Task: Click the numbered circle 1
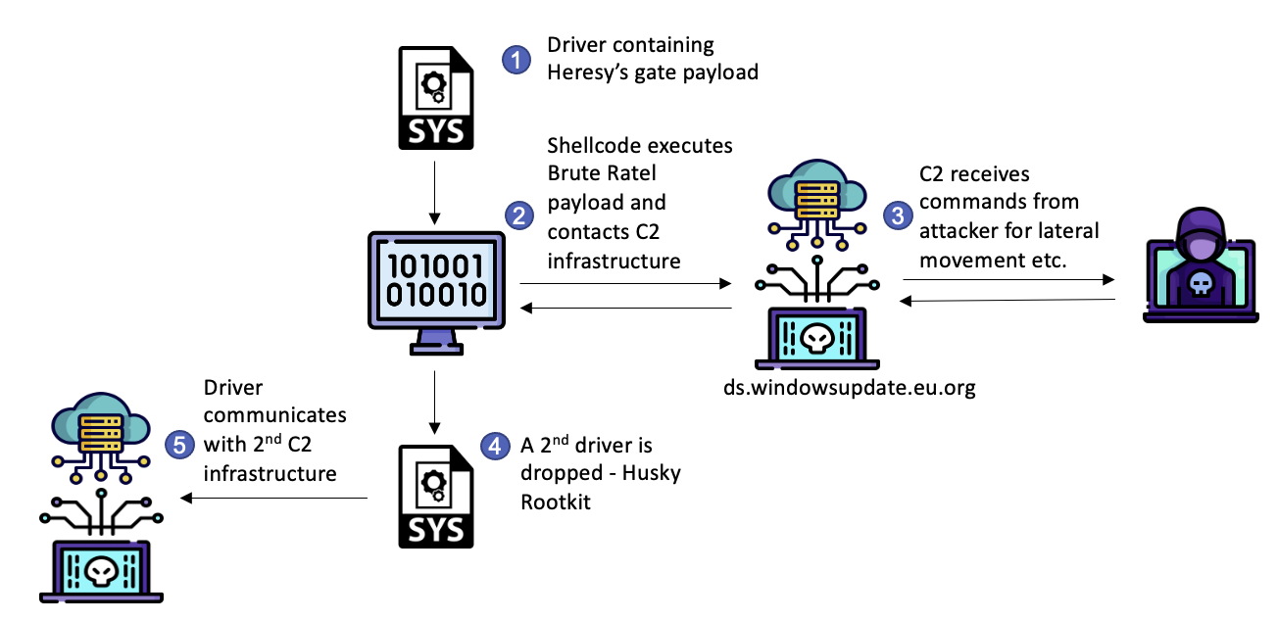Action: click(516, 60)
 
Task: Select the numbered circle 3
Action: click(896, 215)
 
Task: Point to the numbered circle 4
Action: click(495, 447)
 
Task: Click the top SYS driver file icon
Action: click(435, 98)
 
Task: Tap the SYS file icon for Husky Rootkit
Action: click(435, 496)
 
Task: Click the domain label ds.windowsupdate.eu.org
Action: click(848, 388)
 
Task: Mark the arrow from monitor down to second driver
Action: click(432, 402)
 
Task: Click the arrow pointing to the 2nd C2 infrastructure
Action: click(274, 499)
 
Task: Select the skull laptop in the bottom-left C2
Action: click(101, 572)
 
